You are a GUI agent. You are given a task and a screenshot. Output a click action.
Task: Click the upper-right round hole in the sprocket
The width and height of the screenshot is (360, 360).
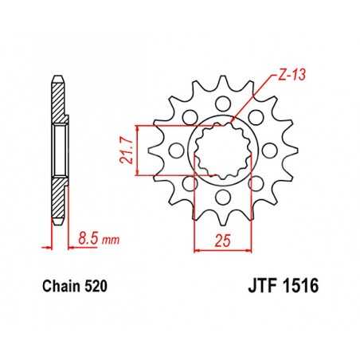pyautogui.click(x=256, y=116)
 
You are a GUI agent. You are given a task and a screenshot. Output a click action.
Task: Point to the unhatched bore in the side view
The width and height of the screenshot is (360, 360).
pyautogui.click(x=59, y=149)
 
